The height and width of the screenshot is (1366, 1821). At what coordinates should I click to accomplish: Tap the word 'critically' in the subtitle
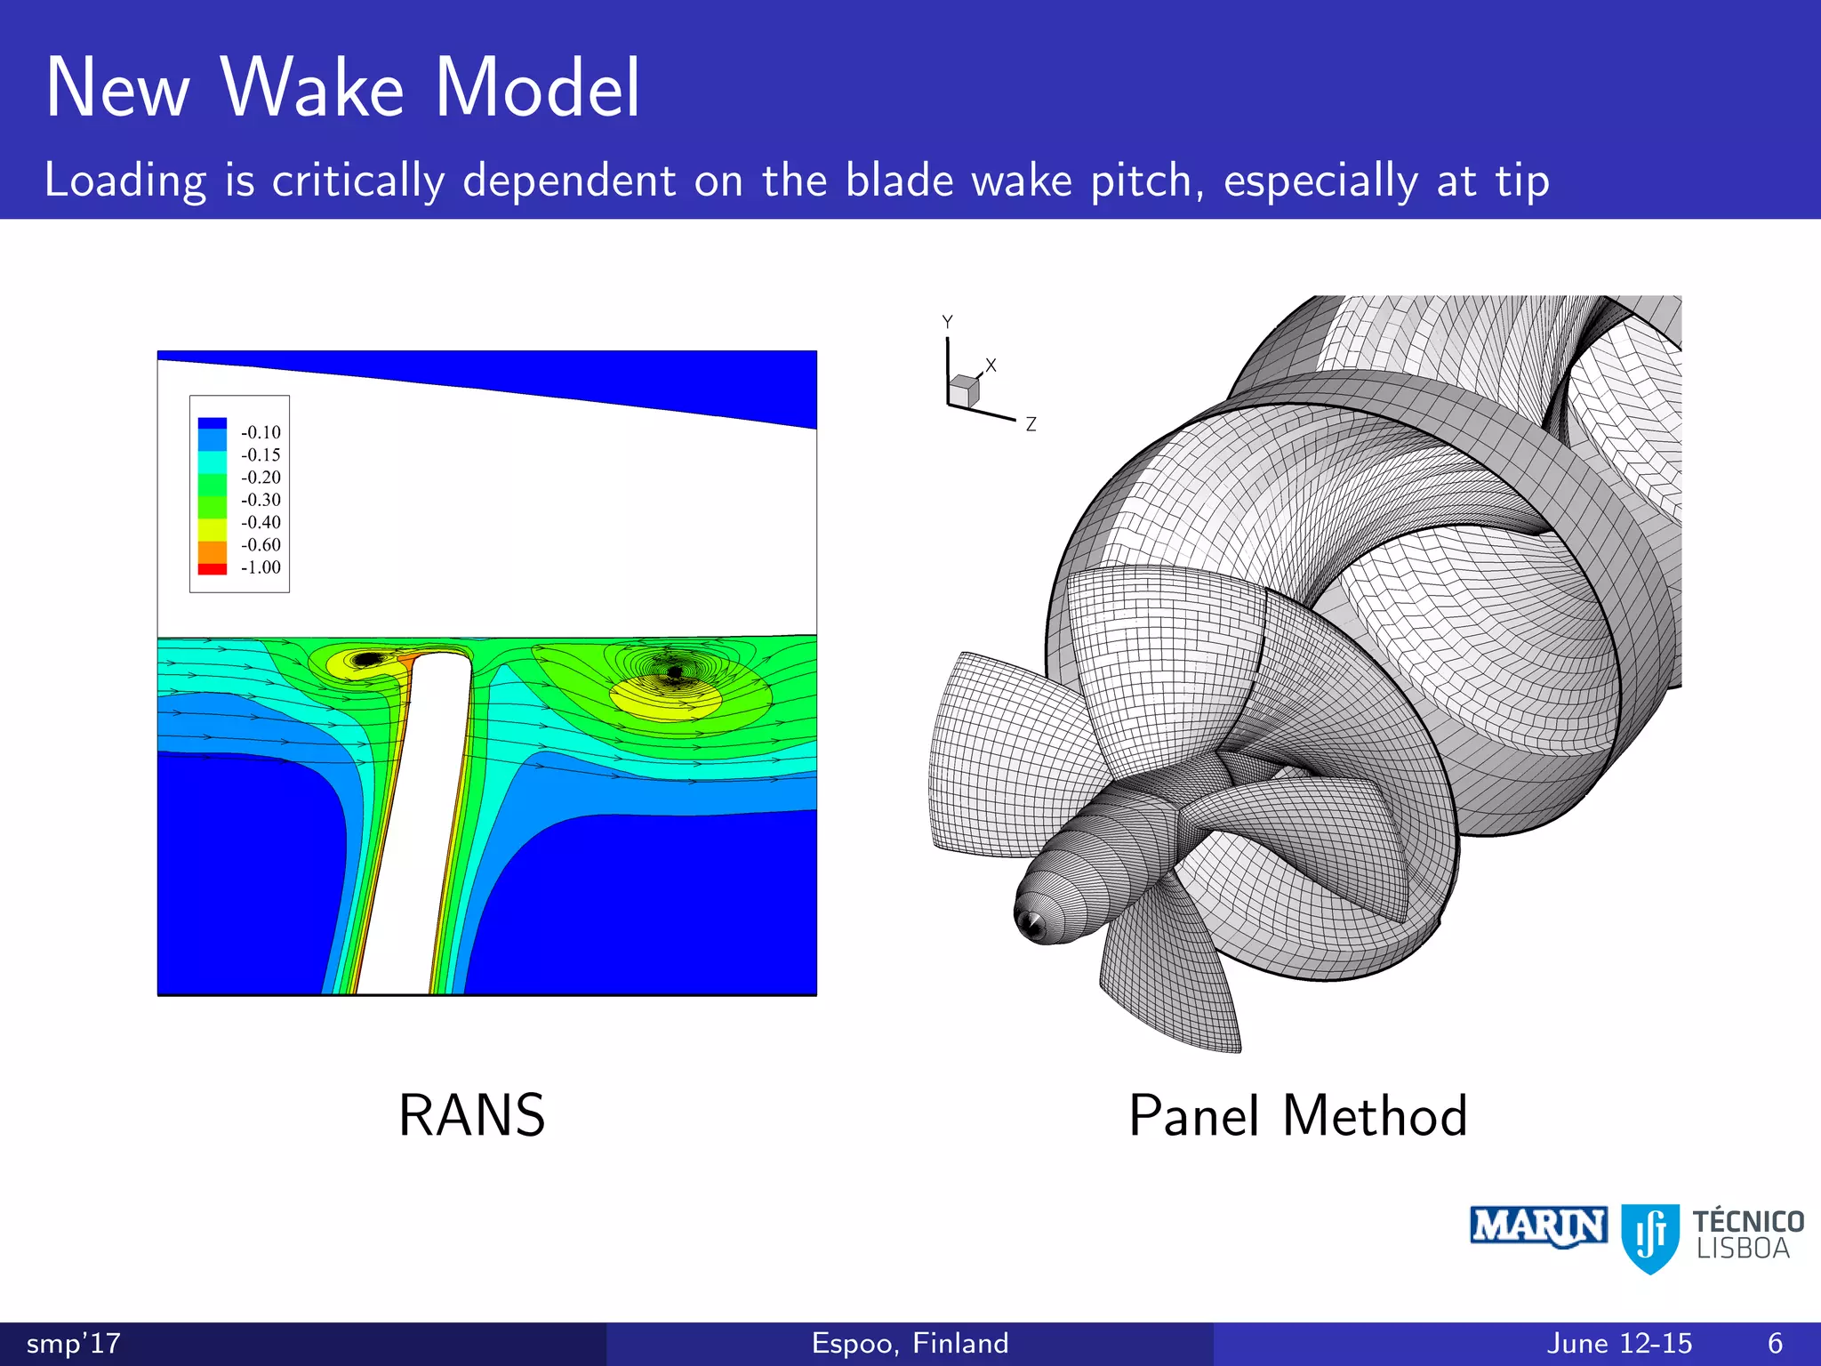click(x=357, y=181)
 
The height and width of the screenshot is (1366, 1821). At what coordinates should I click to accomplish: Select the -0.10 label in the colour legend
click(x=261, y=432)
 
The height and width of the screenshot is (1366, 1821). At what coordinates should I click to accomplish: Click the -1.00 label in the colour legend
click(x=261, y=567)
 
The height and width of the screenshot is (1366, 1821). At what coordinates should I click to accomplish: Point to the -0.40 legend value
click(x=261, y=522)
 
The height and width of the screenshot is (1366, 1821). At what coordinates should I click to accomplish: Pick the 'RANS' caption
click(x=471, y=1115)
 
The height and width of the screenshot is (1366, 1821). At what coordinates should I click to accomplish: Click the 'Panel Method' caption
click(x=1297, y=1115)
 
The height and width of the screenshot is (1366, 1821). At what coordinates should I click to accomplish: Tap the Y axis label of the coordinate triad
click(x=947, y=321)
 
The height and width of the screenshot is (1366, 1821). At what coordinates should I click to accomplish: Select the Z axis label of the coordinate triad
click(x=1031, y=425)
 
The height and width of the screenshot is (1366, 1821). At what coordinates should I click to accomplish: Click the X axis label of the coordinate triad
click(x=991, y=366)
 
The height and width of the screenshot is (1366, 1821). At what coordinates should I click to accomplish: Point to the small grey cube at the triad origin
click(x=963, y=390)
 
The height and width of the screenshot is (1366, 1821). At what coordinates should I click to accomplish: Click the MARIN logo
click(x=1538, y=1227)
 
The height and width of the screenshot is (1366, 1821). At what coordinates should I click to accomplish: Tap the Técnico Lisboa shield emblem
click(x=1650, y=1236)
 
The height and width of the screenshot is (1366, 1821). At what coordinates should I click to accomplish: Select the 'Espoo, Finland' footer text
click(x=910, y=1343)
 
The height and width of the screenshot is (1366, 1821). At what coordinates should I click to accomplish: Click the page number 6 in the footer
click(x=1775, y=1343)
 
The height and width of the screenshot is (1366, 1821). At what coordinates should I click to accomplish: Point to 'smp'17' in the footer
click(x=73, y=1343)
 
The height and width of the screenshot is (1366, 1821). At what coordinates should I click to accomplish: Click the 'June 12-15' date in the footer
click(x=1619, y=1343)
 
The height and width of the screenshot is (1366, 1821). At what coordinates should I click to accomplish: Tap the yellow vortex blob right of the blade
click(x=665, y=698)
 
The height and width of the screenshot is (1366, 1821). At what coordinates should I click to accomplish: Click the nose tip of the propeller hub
click(x=1031, y=925)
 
